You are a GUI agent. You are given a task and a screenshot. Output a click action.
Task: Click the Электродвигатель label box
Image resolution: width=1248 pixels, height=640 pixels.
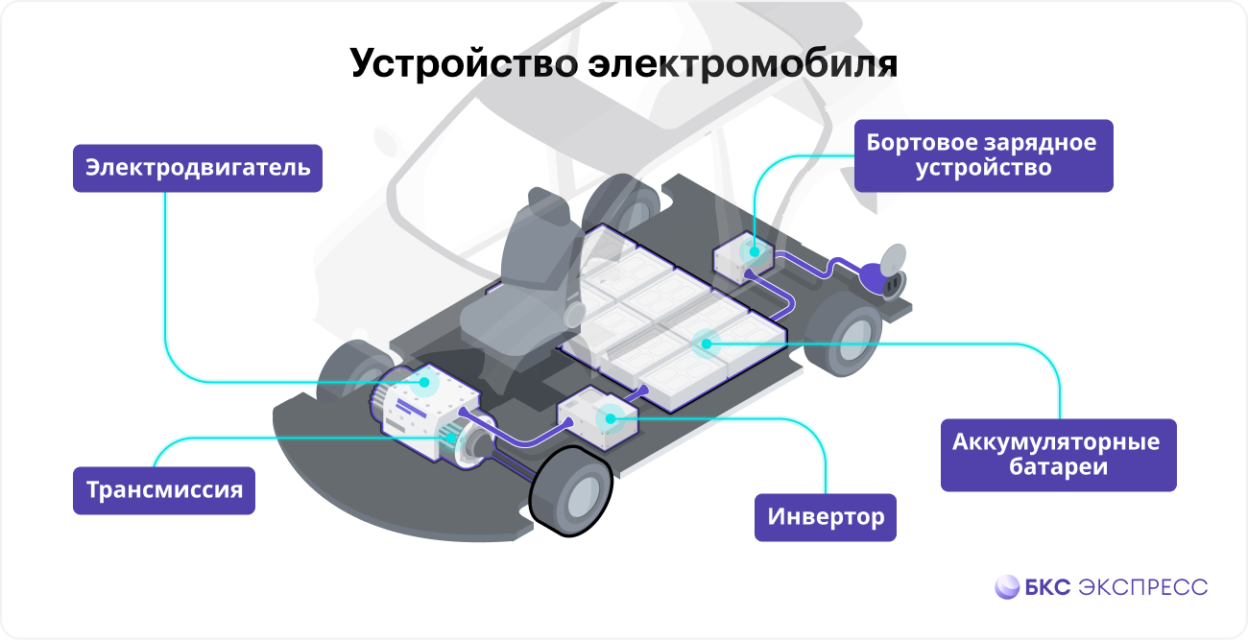198,168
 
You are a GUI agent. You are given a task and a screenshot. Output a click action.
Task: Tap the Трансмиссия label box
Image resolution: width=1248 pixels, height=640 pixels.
164,490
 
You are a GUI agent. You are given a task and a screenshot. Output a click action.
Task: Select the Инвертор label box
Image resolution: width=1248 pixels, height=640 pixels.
826,517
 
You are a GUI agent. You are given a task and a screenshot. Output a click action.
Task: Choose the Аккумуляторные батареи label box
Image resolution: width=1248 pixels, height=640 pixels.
1059,455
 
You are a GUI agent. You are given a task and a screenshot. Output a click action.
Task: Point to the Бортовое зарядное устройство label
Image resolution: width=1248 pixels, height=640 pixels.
983,155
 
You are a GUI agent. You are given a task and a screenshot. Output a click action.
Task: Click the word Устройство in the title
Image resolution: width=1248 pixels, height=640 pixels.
464,63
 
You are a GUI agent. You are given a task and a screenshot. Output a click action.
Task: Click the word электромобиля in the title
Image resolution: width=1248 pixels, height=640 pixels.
743,63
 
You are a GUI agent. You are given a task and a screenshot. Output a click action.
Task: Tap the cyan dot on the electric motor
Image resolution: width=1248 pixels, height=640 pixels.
424,382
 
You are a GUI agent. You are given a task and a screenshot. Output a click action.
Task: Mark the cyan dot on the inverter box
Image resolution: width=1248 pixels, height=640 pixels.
611,418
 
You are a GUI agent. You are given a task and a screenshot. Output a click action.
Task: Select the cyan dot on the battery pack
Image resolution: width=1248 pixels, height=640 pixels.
707,344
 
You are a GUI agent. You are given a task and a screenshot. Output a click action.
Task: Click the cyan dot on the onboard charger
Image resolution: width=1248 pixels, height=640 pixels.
755,251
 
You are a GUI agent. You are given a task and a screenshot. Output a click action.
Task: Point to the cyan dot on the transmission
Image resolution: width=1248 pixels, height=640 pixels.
451,438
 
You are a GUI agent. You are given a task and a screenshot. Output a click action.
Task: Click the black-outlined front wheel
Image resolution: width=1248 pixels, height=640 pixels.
571,490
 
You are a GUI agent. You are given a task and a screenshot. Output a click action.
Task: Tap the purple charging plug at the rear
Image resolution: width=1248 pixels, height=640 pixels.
874,277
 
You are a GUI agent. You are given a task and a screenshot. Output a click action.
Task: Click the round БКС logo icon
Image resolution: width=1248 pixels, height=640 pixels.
1007,587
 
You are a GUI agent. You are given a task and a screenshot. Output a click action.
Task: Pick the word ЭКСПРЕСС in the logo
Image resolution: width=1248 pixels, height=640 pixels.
1143,587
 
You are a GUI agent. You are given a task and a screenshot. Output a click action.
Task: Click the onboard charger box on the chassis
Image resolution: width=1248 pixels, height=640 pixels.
744,258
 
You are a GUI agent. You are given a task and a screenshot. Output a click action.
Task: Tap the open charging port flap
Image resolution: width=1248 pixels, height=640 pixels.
894,260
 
